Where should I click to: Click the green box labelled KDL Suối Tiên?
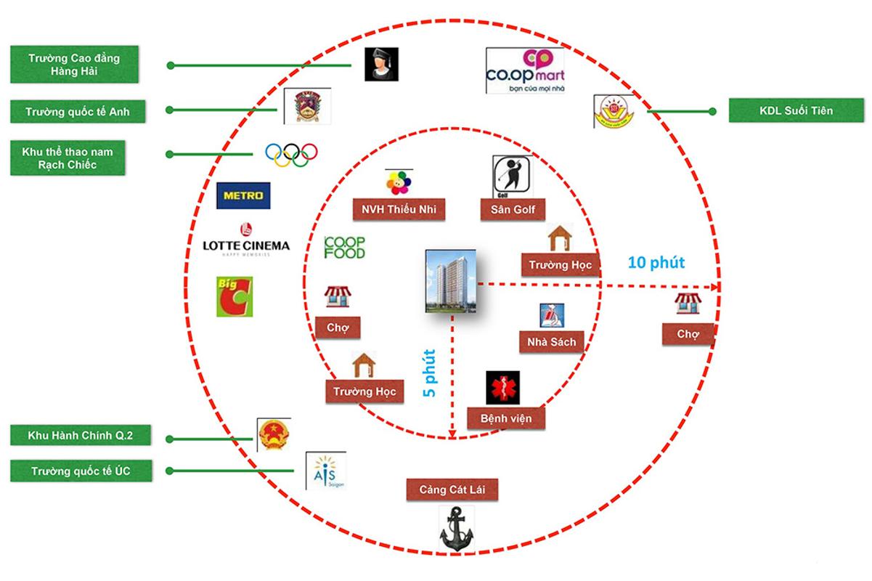pos(796,111)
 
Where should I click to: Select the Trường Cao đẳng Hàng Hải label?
pos(64,65)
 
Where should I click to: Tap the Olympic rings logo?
pos(291,153)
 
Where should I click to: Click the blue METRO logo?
pos(244,195)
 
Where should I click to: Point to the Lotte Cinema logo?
pos(245,241)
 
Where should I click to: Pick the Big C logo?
pos(235,296)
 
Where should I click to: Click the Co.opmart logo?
pos(524,70)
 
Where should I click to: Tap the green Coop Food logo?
pos(345,248)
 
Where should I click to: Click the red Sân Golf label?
pos(513,210)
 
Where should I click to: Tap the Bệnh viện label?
pos(506,418)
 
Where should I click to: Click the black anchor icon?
pos(456,528)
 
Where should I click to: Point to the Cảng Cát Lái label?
pos(453,489)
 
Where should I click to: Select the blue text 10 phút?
pos(656,262)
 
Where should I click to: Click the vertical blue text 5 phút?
pos(430,373)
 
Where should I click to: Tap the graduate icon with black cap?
pos(380,65)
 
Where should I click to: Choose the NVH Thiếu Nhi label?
pos(399,210)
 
